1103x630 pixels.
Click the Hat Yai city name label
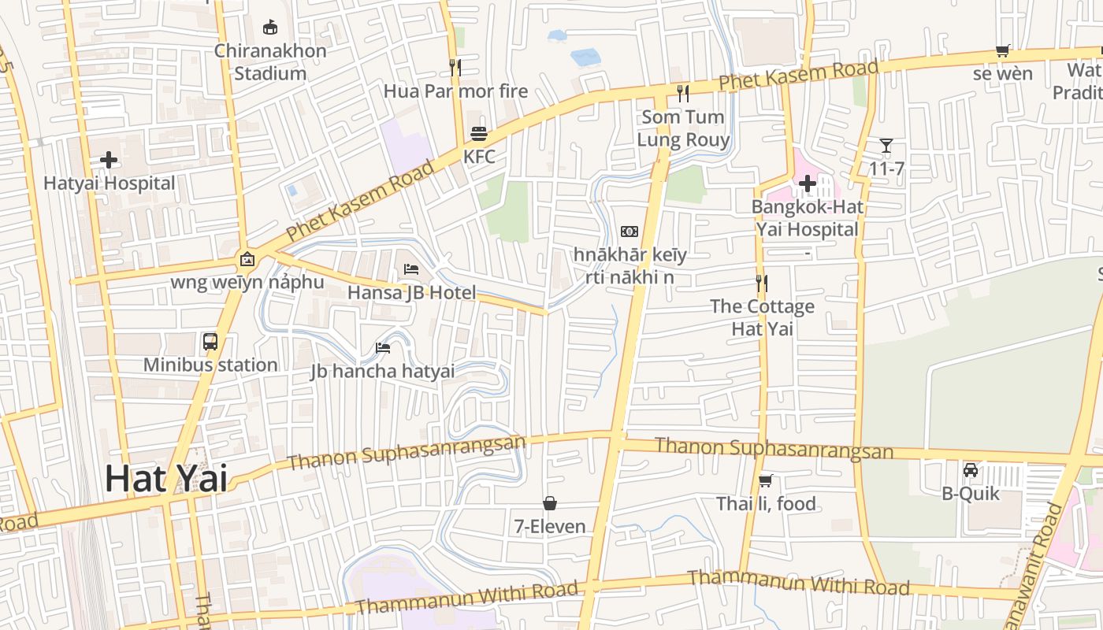[166, 479]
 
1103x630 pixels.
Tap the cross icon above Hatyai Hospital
[109, 161]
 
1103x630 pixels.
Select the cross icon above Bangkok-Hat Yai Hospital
[807, 184]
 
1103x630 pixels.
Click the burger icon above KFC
[479, 133]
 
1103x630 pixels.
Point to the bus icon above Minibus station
[210, 342]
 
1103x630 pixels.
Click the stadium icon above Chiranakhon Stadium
[270, 28]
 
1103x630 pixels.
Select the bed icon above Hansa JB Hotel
[411, 269]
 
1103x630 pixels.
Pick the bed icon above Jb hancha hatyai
[383, 347]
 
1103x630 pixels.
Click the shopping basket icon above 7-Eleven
[550, 503]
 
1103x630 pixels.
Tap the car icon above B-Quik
[971, 470]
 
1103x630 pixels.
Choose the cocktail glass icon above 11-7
[886, 146]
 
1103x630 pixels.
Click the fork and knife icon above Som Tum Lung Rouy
[683, 94]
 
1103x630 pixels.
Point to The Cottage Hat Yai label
[762, 317]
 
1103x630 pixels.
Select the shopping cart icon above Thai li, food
[765, 480]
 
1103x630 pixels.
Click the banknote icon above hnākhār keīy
[629, 232]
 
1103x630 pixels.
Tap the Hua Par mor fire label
[455, 91]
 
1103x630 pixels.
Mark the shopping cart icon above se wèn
[1002, 51]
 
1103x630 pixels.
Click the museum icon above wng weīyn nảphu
[247, 258]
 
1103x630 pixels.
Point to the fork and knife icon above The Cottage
[762, 283]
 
